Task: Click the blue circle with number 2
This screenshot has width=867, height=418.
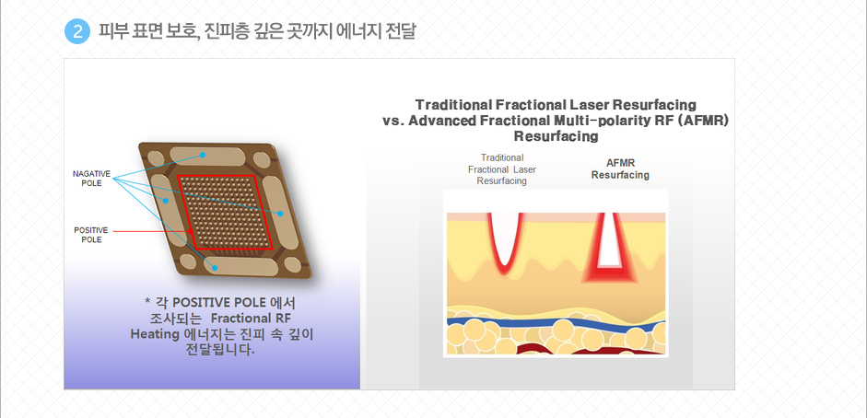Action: tap(77, 32)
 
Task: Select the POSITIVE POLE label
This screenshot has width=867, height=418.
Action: tap(91, 235)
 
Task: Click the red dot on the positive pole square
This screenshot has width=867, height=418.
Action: tap(191, 231)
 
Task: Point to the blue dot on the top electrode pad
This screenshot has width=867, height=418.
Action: tap(204, 155)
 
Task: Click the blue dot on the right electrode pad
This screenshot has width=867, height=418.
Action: tap(280, 213)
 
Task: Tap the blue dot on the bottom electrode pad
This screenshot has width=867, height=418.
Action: tap(215, 268)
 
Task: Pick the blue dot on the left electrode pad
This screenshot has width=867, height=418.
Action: tap(165, 201)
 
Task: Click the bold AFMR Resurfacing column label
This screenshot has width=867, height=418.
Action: tap(620, 169)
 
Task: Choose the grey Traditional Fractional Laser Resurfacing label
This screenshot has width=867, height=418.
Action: tap(502, 169)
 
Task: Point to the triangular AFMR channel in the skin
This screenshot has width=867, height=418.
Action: tap(610, 247)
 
